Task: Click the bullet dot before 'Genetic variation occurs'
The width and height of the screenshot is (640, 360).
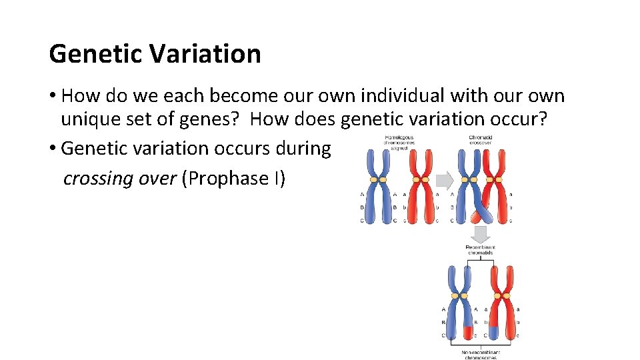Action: pyautogui.click(x=53, y=149)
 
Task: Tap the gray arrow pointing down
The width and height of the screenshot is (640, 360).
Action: pyautogui.click(x=480, y=234)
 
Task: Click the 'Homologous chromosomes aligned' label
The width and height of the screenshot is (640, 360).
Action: pyautogui.click(x=399, y=143)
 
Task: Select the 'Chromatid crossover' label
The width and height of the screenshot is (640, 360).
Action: pyautogui.click(x=480, y=141)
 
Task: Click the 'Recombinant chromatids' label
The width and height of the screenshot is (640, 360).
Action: pyautogui.click(x=480, y=249)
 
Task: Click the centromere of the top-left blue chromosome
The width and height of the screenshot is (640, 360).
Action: pyautogui.click(x=378, y=180)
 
